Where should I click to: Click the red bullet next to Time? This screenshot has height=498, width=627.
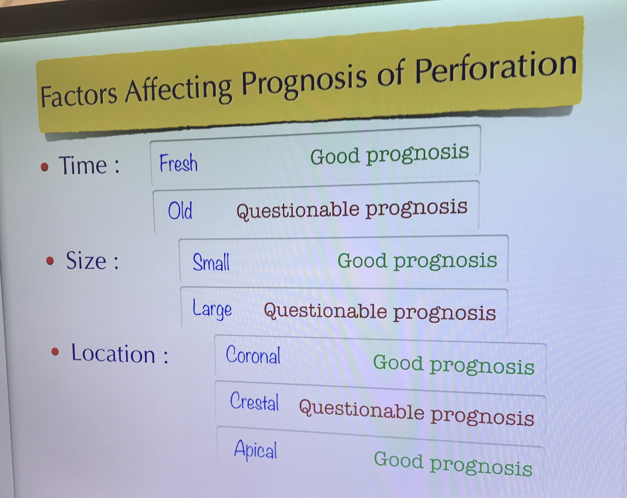tap(45, 167)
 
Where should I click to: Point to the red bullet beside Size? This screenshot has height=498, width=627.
tap(50, 260)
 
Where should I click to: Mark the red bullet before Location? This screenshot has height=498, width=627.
tap(55, 352)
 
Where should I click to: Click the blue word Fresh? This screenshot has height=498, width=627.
tap(178, 163)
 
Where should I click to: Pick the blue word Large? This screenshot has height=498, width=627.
tap(212, 310)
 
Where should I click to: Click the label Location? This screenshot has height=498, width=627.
tap(113, 354)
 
